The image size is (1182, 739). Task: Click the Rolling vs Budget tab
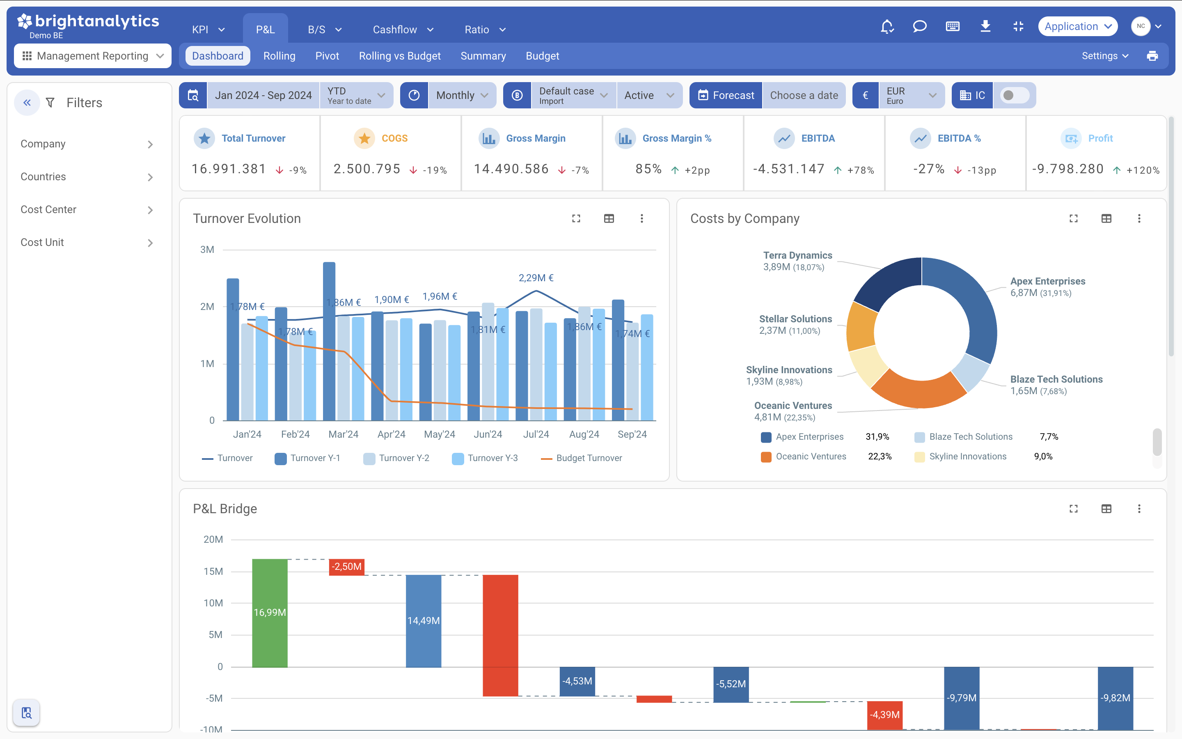399,56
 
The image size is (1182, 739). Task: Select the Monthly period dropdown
461,95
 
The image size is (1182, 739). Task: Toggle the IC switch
1014,95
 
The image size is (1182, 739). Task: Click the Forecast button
726,95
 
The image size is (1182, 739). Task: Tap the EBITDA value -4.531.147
788,169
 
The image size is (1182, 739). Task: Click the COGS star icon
364,138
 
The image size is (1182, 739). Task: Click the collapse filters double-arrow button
27,103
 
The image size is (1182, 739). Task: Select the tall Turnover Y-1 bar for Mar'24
329,342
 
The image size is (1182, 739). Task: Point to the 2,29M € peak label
536,278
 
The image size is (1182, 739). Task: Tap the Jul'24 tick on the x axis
536,434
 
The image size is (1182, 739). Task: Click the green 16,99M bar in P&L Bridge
270,613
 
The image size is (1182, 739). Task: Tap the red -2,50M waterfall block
347,567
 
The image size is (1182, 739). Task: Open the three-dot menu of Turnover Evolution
642,218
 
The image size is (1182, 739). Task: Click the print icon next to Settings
1152,56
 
